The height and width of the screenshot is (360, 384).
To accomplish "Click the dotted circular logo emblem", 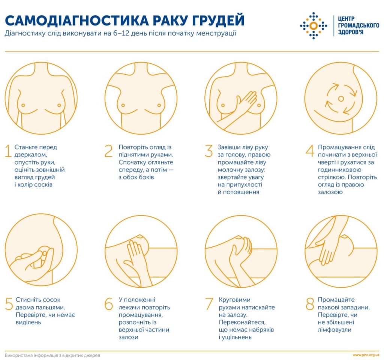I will (x=313, y=25).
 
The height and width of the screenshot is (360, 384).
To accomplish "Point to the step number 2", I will (x=108, y=151).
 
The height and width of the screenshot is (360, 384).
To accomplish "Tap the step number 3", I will (x=209, y=151).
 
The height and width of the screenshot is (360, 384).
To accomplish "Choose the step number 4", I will (x=309, y=151).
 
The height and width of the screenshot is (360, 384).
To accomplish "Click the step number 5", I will (x=9, y=303).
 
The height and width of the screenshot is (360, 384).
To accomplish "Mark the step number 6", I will (x=109, y=303).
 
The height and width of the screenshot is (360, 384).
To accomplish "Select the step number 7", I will (x=209, y=303).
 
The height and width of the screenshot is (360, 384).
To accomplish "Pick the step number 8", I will (x=310, y=303).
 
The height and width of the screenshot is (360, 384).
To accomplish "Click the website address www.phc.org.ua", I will (x=366, y=355).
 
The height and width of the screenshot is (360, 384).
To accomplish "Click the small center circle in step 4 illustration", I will (x=340, y=99).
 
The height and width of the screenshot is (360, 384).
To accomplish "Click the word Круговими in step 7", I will (x=234, y=300).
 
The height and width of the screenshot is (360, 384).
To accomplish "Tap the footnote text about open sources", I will (x=52, y=355).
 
